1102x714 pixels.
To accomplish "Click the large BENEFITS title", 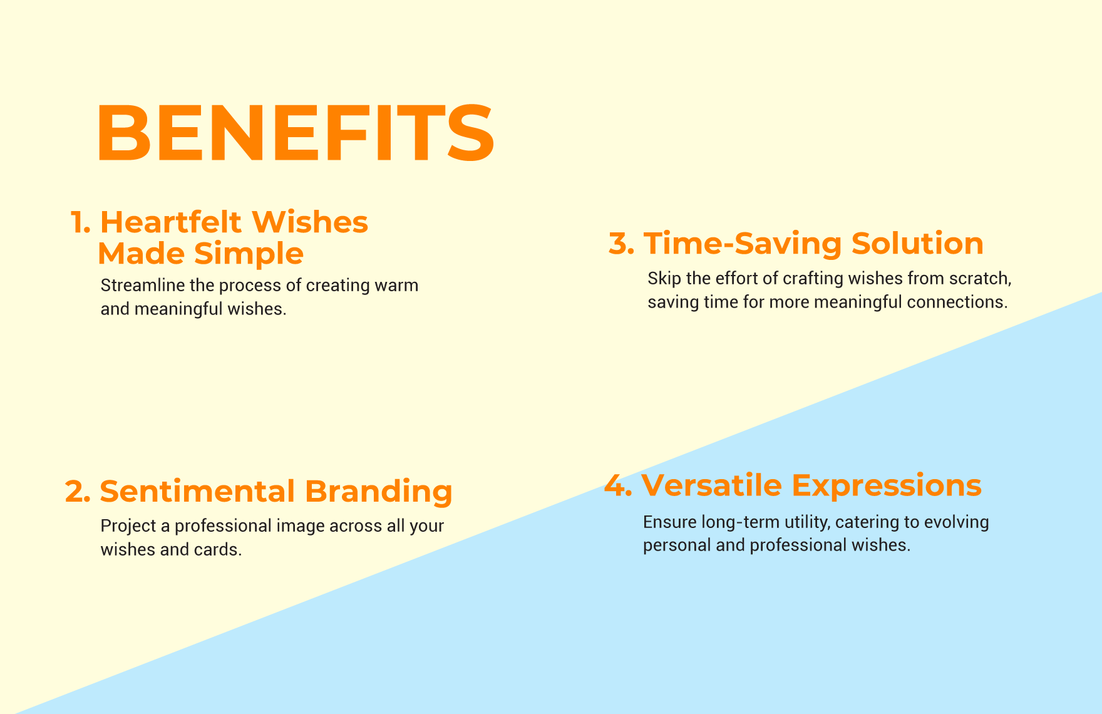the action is point(296,132).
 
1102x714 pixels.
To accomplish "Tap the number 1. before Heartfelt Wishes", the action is point(81,222).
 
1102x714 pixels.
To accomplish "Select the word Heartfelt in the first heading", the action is point(171,222).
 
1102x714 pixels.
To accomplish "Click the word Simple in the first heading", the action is point(249,254).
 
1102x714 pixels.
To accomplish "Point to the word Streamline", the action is point(143,285).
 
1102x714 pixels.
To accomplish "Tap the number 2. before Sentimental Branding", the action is point(78,492).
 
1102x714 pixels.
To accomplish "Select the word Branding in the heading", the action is point(379,492).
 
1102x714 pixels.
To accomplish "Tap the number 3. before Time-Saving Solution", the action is point(622,243).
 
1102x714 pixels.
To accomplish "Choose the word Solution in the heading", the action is point(917,243).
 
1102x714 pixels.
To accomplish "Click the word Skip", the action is point(664,278).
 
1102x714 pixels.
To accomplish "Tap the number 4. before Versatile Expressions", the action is point(619,486).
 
